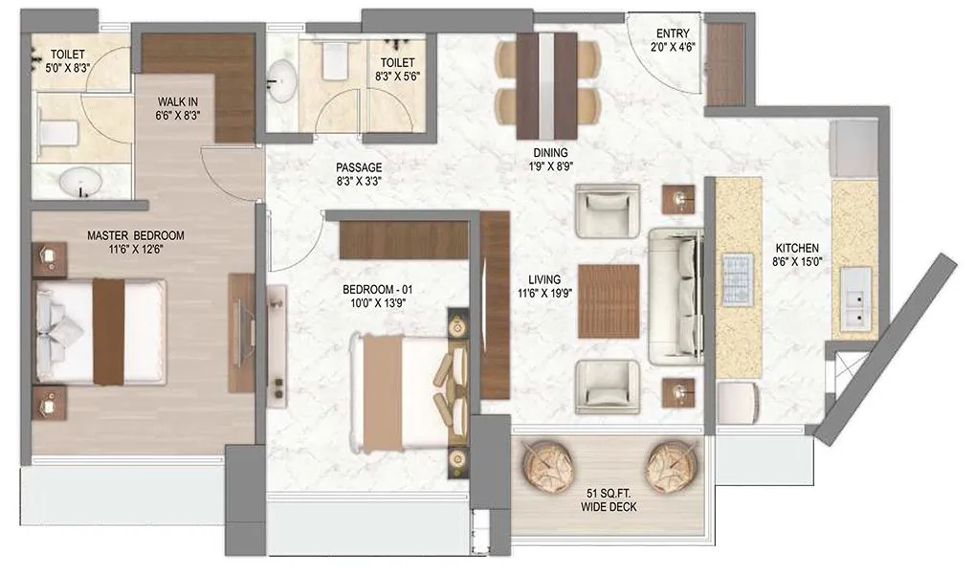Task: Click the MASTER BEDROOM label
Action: click(x=135, y=235)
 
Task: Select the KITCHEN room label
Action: click(x=798, y=248)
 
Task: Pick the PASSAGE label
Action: click(x=359, y=167)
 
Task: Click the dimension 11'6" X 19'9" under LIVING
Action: click(x=544, y=295)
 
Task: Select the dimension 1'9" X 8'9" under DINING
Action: click(x=550, y=166)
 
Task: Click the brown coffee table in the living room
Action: click(x=609, y=301)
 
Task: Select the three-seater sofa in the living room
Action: click(x=677, y=297)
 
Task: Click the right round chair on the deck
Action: click(x=673, y=465)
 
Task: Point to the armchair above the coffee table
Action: click(x=608, y=211)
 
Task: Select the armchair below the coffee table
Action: click(x=608, y=387)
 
